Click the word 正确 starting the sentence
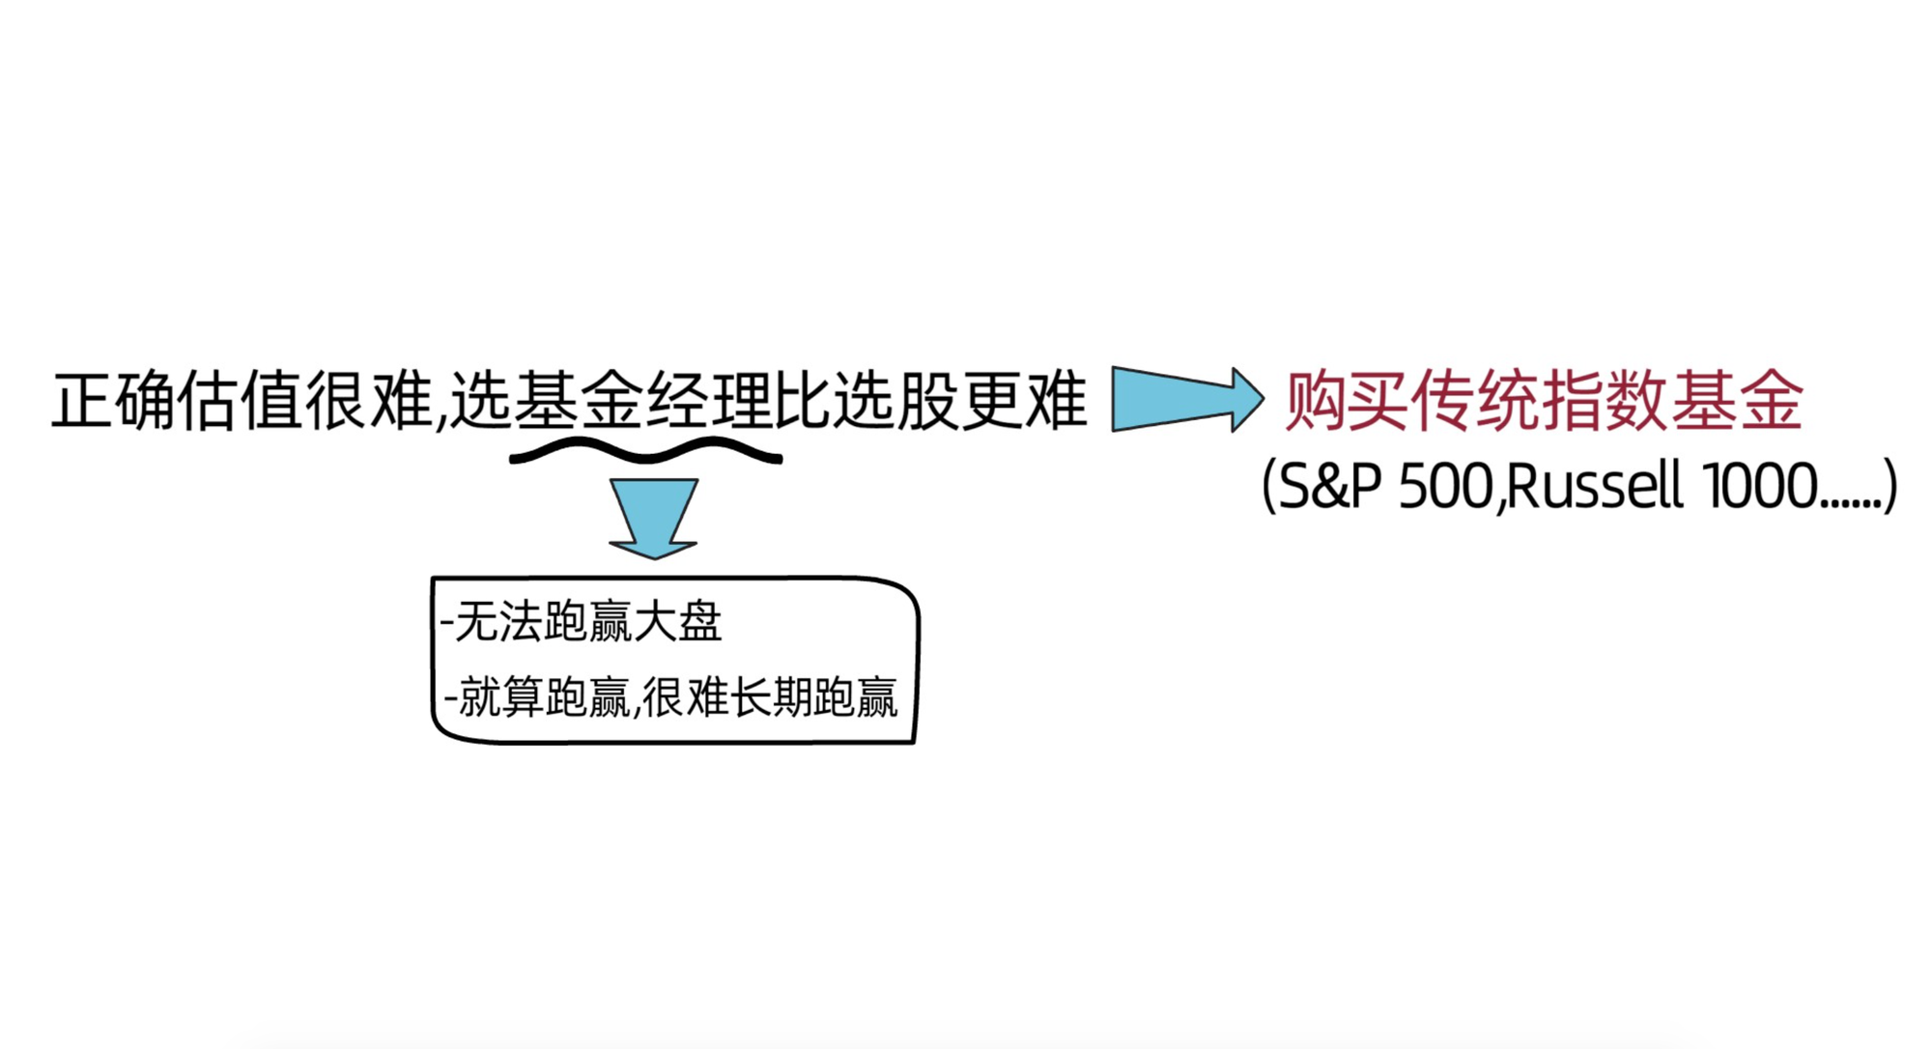pyautogui.click(x=114, y=401)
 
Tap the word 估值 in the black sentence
pyautogui.click(x=241, y=401)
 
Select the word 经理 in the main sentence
pyautogui.click(x=712, y=401)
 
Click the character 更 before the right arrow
pyautogui.click(x=992, y=401)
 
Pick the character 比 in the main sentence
pyautogui.click(x=802, y=401)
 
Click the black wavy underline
pyautogui.click(x=645, y=451)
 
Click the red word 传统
pyautogui.click(x=1476, y=399)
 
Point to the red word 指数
pyautogui.click(x=1605, y=399)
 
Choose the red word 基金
pyautogui.click(x=1737, y=399)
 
